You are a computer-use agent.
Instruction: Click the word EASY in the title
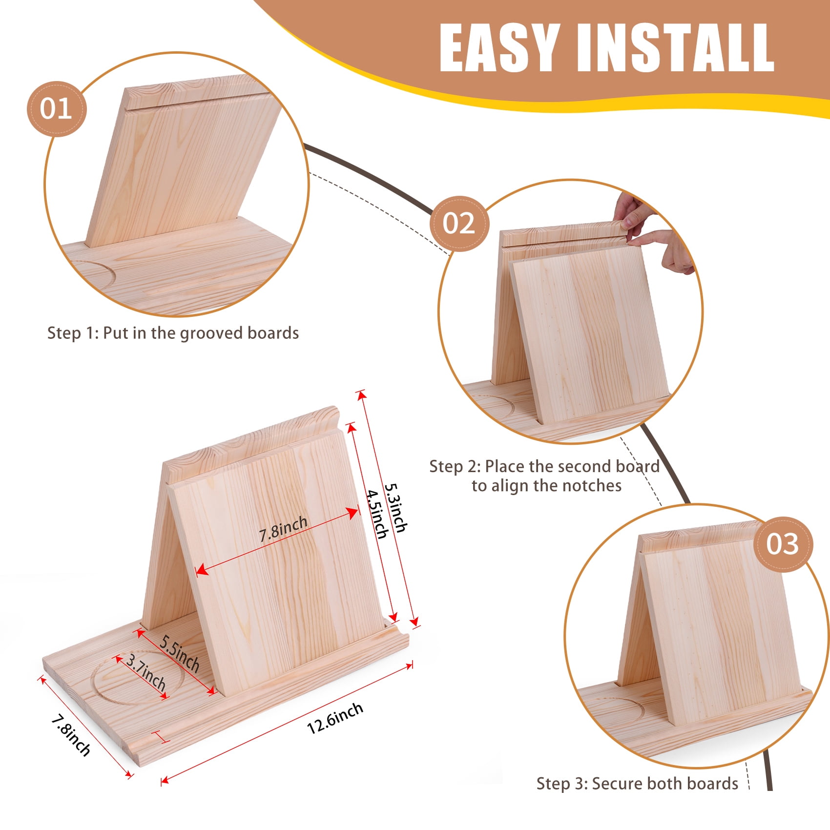coord(499,48)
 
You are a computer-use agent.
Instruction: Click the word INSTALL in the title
coord(676,48)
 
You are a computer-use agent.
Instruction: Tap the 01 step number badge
coord(56,108)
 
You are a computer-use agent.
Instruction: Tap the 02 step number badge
coord(459,224)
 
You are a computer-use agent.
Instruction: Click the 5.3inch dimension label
coord(396,508)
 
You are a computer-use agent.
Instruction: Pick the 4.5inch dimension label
coord(377,514)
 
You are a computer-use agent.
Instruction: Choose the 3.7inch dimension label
coord(146,672)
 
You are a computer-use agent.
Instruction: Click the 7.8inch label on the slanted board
coord(283,529)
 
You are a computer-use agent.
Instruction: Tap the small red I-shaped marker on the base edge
coord(160,737)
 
